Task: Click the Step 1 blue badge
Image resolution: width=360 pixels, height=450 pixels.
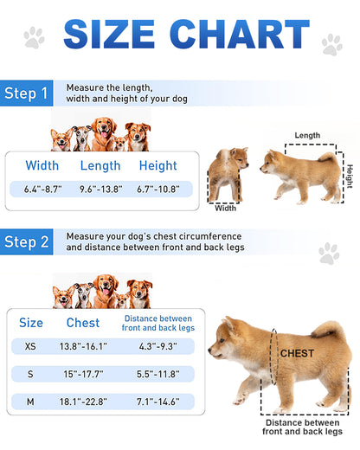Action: [26, 93]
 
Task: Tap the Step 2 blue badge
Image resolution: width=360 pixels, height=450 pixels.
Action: [26, 241]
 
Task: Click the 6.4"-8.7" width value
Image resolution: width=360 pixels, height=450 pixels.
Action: [42, 188]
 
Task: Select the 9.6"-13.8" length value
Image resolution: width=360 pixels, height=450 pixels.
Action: [100, 188]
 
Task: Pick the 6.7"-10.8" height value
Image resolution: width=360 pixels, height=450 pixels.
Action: [157, 188]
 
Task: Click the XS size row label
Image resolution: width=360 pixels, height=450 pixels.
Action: [30, 346]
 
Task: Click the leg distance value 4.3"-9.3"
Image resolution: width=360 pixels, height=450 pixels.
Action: [157, 346]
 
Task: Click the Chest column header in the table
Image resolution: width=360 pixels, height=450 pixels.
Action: [83, 323]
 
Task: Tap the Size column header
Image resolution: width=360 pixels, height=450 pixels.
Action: [31, 323]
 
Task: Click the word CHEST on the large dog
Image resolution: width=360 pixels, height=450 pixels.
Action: [297, 353]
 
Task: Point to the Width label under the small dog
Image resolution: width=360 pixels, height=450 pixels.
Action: [226, 208]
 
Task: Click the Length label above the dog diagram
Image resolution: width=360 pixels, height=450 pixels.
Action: [307, 136]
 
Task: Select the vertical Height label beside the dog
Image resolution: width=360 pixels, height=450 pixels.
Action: [350, 176]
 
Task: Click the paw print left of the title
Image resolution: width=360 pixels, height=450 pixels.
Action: [34, 36]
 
